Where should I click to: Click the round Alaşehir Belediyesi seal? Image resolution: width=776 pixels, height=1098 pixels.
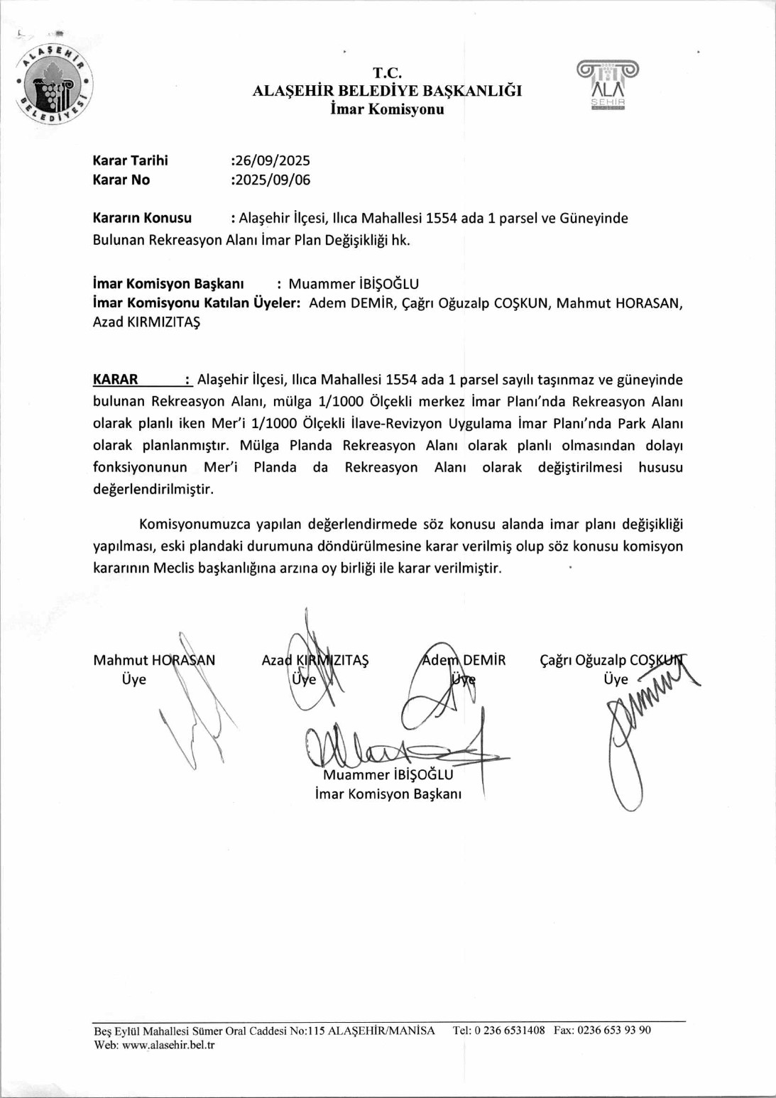(x=55, y=84)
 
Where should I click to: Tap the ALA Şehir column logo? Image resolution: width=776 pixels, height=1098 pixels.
(x=608, y=84)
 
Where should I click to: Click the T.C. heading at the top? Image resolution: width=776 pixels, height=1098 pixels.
(x=387, y=72)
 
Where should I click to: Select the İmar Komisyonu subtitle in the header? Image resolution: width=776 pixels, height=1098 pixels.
(x=387, y=109)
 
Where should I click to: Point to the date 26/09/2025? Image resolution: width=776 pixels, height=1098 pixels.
(x=272, y=160)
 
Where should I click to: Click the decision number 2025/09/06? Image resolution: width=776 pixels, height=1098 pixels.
(x=272, y=180)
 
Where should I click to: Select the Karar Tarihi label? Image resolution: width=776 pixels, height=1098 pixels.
(x=130, y=160)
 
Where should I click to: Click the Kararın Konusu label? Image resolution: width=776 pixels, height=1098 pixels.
(x=142, y=218)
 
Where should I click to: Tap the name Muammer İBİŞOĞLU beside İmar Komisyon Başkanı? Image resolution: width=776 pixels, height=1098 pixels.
(x=353, y=284)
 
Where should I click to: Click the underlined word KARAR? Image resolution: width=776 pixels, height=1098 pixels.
(x=115, y=379)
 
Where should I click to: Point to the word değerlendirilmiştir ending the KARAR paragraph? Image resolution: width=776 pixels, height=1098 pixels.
(x=153, y=489)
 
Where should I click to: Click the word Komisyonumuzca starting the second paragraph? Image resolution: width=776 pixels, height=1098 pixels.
(x=195, y=525)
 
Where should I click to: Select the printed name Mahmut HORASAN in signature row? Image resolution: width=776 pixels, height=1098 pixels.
(x=154, y=660)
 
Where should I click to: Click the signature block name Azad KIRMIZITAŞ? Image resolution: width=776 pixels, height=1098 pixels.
(x=315, y=660)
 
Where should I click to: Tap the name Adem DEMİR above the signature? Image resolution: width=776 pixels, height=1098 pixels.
(x=464, y=660)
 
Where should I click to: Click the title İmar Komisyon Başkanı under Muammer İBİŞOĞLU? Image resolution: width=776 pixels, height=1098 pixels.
(x=388, y=794)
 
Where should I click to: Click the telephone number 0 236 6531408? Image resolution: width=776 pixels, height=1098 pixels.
(x=509, y=1030)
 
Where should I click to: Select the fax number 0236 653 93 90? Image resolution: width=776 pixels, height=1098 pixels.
(x=613, y=1030)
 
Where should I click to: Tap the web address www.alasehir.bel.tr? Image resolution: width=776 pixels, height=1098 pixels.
(x=168, y=1045)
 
